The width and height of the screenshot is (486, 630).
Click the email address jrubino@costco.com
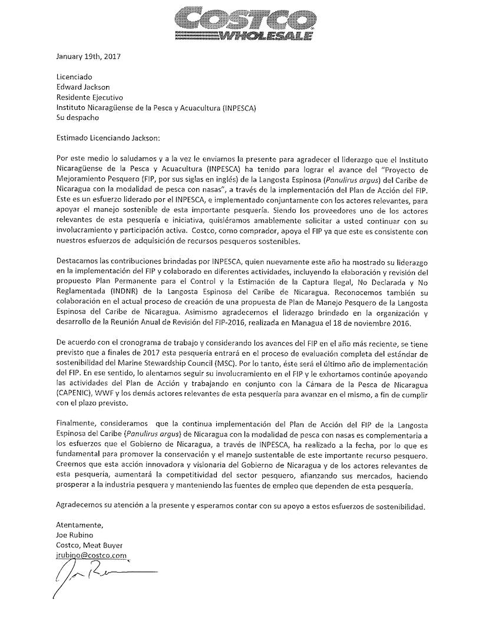pos(91,556)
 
